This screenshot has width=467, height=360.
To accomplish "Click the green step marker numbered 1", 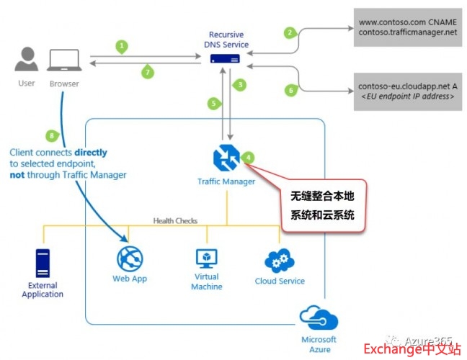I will pyautogui.click(x=123, y=45).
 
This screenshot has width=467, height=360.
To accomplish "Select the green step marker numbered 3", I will pyautogui.click(x=241, y=85).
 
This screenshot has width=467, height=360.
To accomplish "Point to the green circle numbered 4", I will pyautogui.click(x=248, y=156).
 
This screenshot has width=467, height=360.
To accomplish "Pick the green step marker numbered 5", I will pyautogui.click(x=213, y=103).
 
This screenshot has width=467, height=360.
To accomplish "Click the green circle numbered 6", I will pyautogui.click(x=291, y=90).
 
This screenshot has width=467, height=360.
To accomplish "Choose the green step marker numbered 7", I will pyautogui.click(x=147, y=72).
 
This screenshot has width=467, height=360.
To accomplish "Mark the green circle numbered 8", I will pyautogui.click(x=50, y=135).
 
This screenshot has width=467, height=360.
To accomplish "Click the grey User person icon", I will pyautogui.click(x=27, y=60).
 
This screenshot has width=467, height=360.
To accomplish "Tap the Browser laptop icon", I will pyautogui.click(x=63, y=60).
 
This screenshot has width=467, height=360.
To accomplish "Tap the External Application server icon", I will pyautogui.click(x=42, y=264).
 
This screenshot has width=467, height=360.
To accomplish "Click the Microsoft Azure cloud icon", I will pyautogui.click(x=319, y=317).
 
